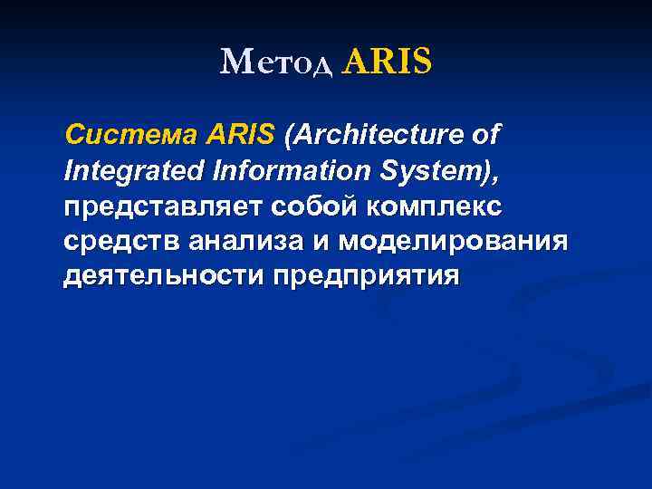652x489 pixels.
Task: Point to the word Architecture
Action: [x=380, y=137]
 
